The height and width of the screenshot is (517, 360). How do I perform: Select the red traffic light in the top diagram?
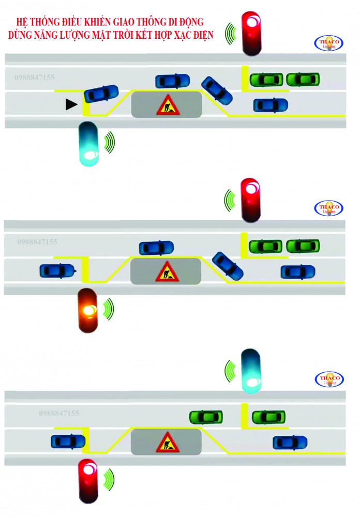tap(252, 33)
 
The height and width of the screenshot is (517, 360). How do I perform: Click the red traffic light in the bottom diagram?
tap(88, 480)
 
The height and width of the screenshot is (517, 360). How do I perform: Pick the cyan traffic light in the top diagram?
tap(88, 144)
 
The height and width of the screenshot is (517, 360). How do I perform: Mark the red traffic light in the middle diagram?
tap(251, 200)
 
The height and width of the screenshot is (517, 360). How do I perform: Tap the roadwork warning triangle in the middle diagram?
tap(167, 271)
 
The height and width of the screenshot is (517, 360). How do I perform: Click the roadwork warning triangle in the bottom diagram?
tap(167, 442)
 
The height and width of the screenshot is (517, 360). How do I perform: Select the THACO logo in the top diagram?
tap(328, 43)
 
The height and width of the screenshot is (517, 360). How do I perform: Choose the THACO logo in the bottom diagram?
tap(328, 379)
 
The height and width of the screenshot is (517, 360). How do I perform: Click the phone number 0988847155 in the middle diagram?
tap(37, 242)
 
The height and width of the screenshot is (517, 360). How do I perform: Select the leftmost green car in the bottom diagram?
tap(206, 416)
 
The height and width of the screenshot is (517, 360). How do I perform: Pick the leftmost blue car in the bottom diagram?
tap(68, 441)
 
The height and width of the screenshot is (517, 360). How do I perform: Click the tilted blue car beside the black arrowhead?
tap(101, 93)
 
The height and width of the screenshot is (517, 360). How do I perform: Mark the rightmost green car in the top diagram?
tap(303, 79)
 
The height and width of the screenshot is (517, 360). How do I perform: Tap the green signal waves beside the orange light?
tap(108, 309)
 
